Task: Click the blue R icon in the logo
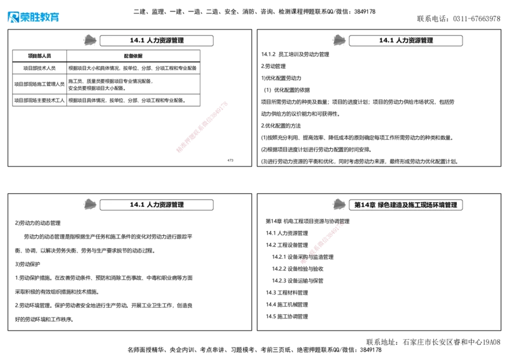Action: click(12, 18)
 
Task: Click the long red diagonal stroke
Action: click(201, 127)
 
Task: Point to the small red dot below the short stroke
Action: click(304, 261)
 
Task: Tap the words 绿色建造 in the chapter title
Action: click(391, 205)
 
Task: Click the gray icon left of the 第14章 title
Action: click(339, 204)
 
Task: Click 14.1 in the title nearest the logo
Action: click(137, 41)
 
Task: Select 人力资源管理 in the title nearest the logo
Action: click(165, 41)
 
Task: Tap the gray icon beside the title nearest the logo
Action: click(90, 40)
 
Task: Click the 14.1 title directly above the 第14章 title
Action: click(405, 41)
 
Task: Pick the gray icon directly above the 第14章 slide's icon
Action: click(339, 40)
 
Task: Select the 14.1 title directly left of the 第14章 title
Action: click(156, 205)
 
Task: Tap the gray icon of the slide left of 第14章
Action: click(90, 204)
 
